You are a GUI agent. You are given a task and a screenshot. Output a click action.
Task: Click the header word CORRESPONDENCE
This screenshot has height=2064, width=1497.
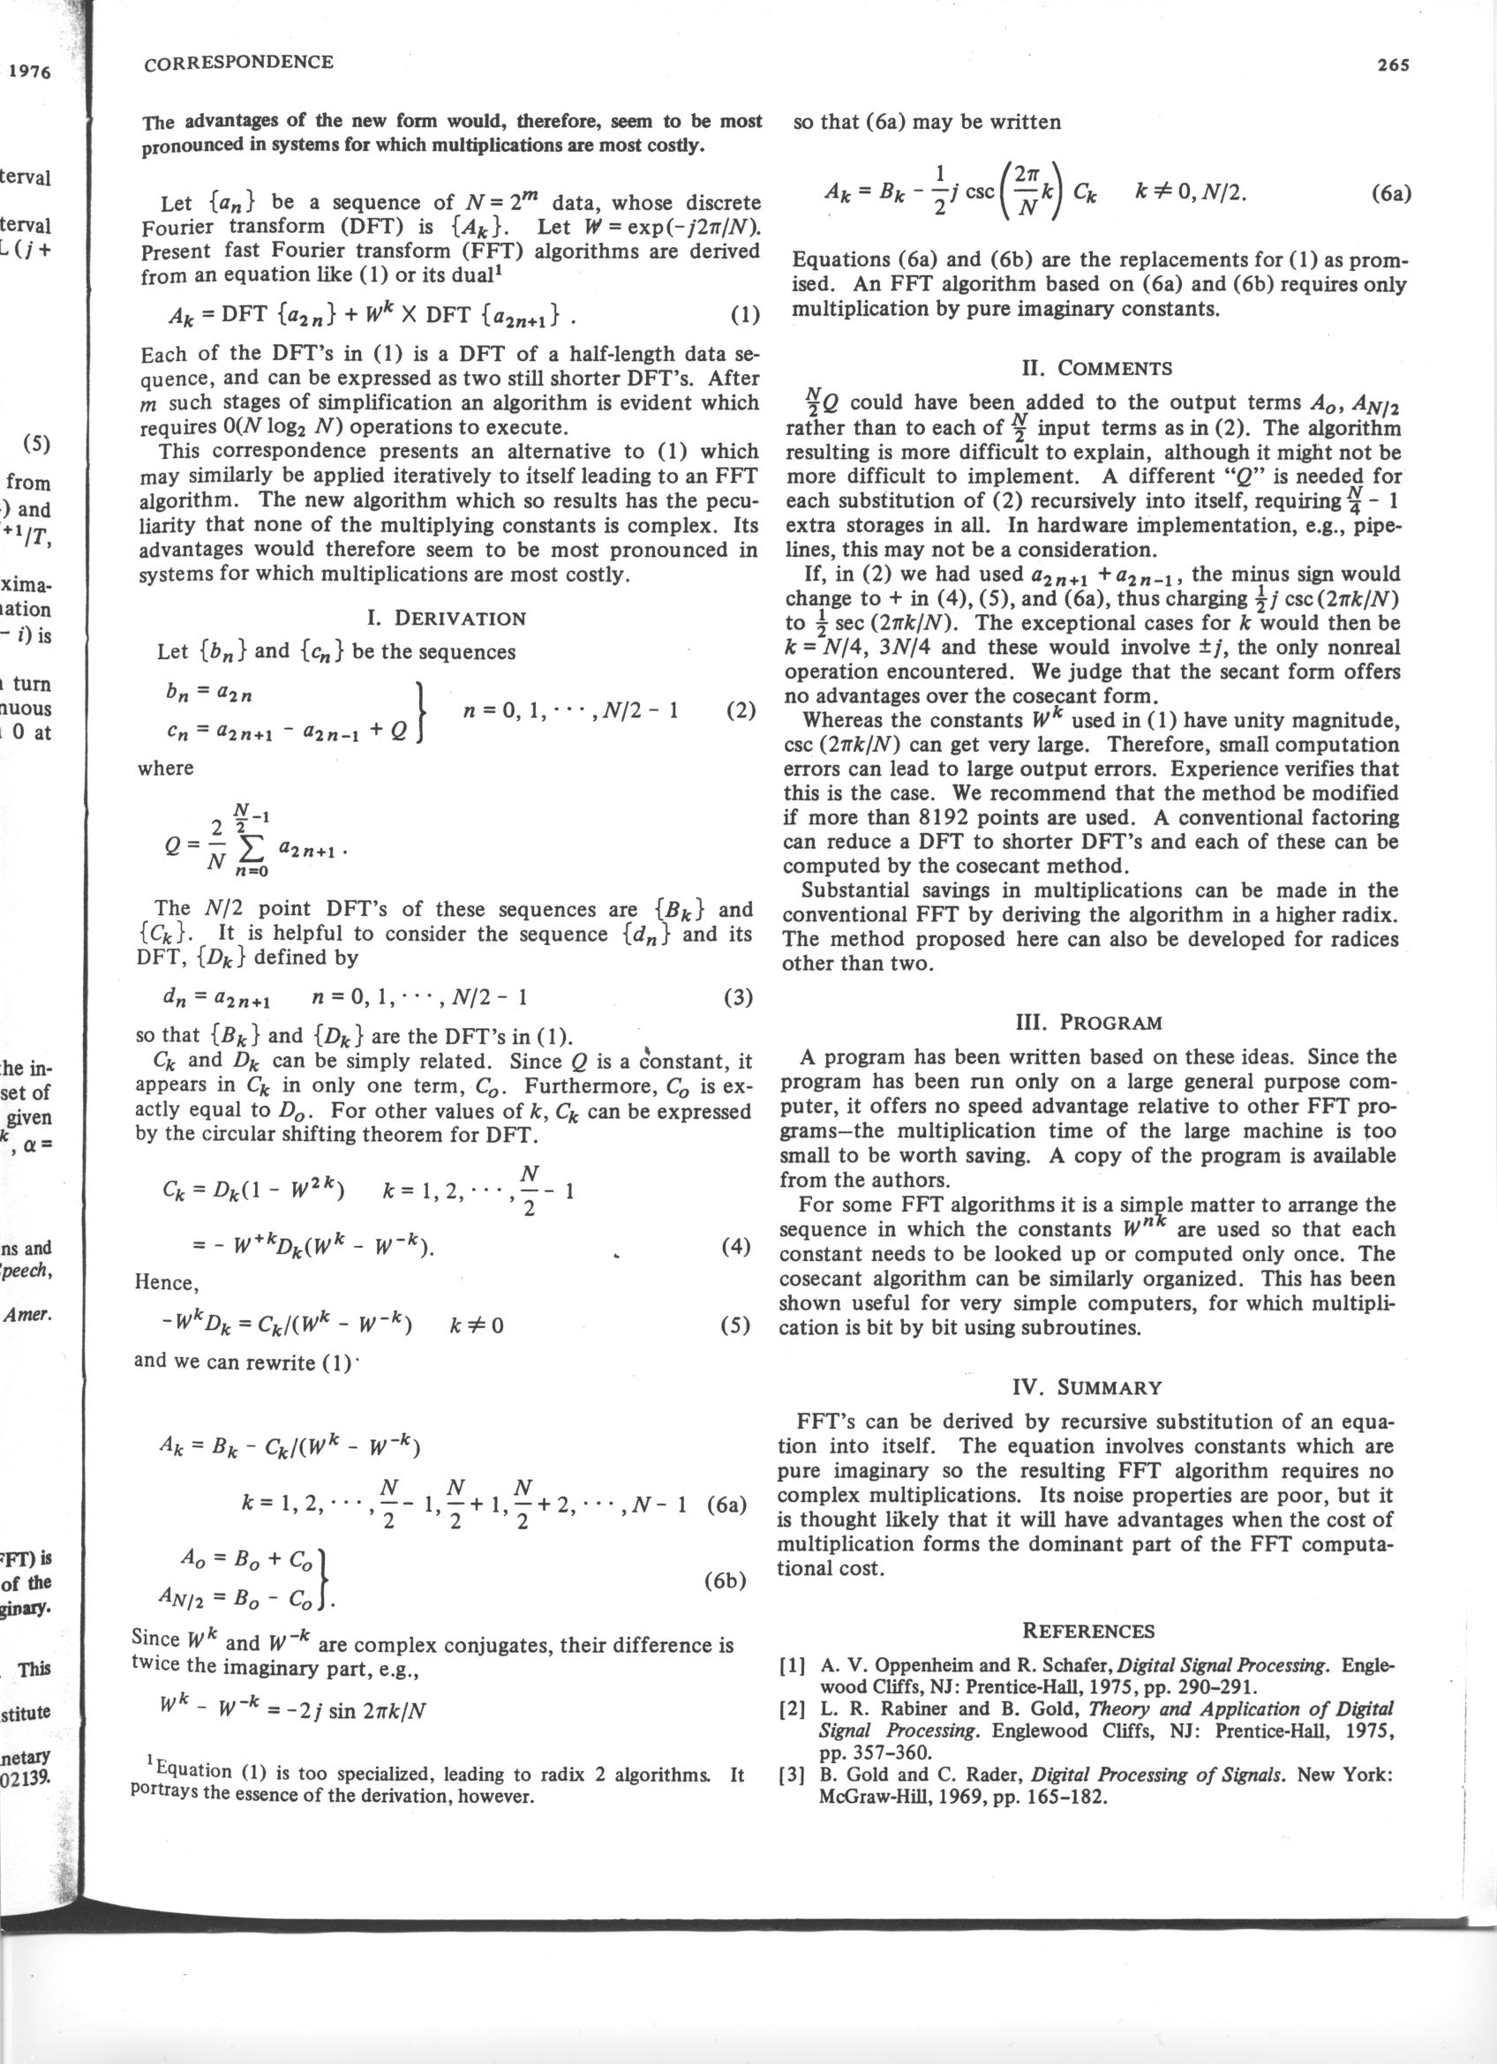click(238, 62)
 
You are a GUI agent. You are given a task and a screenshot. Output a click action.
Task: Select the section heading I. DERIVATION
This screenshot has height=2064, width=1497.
click(446, 618)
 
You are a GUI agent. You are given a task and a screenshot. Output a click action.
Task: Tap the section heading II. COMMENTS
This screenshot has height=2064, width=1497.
click(1093, 369)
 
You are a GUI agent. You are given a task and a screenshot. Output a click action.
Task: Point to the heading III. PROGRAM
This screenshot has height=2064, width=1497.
click(1087, 1022)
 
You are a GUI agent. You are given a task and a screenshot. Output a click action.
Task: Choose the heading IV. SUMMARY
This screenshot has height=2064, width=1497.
click(1087, 1387)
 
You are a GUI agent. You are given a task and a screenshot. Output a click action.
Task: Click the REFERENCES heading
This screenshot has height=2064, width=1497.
click(1088, 1630)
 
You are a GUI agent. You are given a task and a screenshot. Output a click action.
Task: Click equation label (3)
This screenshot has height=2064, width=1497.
click(738, 996)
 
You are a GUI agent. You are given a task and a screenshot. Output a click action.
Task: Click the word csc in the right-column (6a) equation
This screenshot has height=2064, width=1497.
click(979, 193)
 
